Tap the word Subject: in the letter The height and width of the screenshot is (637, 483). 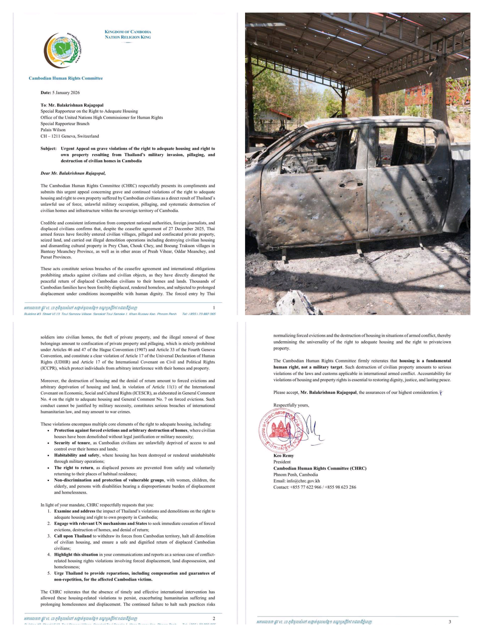click(x=48, y=149)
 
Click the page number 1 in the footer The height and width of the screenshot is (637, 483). click(x=214, y=308)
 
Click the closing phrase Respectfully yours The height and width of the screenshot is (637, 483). click(x=291, y=405)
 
